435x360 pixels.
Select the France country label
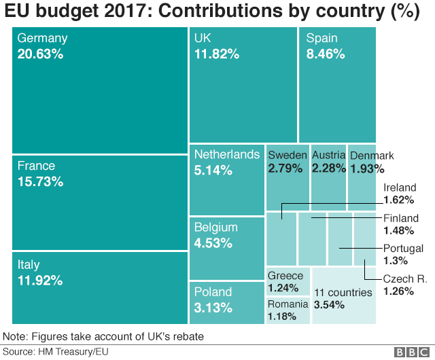point(36,166)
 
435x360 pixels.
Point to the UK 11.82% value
point(216,54)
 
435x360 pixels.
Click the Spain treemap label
point(321,39)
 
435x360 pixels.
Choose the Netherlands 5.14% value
point(213,170)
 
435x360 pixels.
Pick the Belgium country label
point(215,227)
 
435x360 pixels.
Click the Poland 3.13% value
point(213,308)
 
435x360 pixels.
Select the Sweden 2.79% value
point(285,168)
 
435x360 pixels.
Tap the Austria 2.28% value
point(328,168)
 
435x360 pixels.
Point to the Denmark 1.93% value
point(367,168)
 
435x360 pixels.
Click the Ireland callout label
point(399,187)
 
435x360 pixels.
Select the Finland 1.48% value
point(398,231)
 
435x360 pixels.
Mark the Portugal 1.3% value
point(395,261)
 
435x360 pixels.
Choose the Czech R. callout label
point(405,278)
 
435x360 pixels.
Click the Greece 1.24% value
point(283,288)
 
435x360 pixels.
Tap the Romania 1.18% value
point(281,317)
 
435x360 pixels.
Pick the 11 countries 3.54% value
point(329,305)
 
